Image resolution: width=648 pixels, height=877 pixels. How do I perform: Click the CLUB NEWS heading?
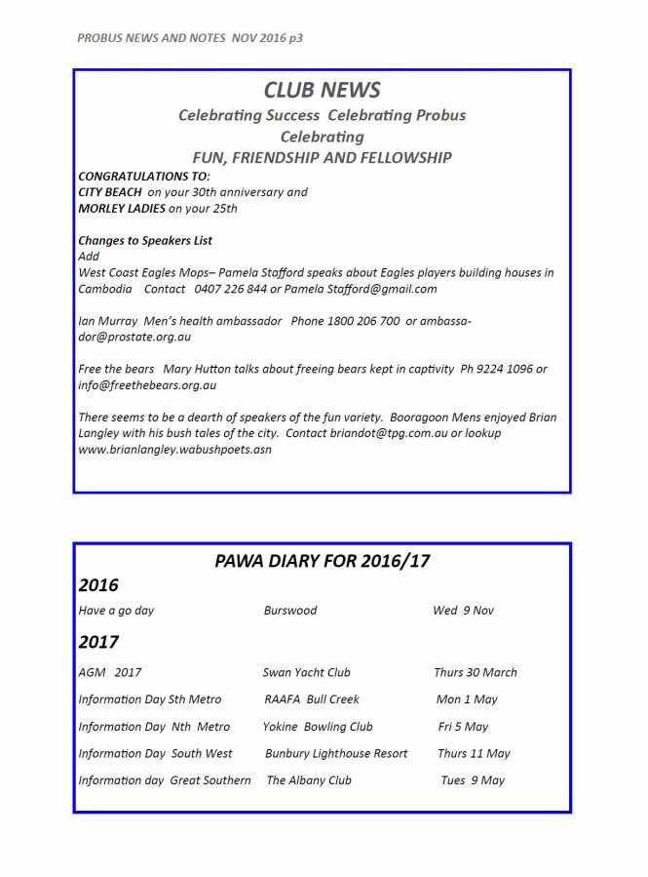[322, 91]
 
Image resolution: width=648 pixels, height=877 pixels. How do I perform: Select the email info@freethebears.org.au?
[147, 384]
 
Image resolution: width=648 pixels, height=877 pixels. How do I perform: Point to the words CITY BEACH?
[110, 192]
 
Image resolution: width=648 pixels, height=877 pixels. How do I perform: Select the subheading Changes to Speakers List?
[145, 240]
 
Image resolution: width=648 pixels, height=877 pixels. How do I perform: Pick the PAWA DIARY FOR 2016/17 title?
[322, 561]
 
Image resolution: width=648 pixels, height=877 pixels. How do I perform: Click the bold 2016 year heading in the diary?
[98, 585]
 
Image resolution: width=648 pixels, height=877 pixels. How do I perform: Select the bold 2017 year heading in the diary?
[98, 642]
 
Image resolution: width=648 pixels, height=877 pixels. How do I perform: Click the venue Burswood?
[290, 611]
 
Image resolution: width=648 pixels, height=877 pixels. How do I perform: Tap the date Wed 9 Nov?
[463, 611]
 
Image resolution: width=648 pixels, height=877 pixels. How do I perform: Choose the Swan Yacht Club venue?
[306, 672]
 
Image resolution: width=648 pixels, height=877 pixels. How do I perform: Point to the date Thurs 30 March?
[476, 672]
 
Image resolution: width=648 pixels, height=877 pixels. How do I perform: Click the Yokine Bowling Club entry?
[318, 727]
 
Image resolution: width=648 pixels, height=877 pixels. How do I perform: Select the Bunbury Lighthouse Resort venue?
[336, 753]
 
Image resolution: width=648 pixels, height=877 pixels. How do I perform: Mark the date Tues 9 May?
[473, 780]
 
